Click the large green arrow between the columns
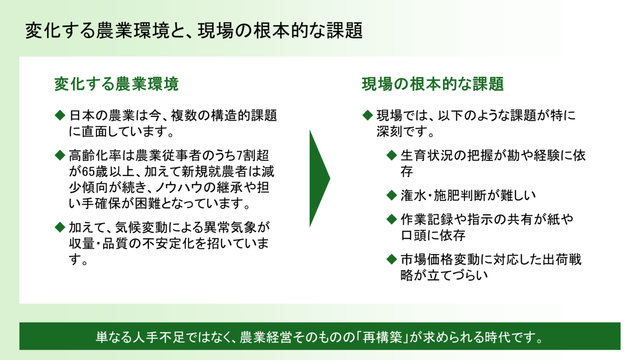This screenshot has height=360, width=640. (x=318, y=178)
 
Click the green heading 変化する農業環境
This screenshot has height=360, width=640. (x=116, y=84)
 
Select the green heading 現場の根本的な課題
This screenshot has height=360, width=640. (x=432, y=84)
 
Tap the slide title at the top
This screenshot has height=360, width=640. (x=194, y=30)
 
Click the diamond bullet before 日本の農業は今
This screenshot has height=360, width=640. (x=60, y=115)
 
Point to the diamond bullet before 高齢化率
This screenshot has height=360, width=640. (x=60, y=156)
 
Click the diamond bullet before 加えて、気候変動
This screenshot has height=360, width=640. (x=60, y=227)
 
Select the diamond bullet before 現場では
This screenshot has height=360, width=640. (x=368, y=115)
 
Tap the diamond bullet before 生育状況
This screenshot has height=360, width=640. (x=392, y=156)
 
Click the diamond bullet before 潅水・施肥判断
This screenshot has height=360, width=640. (x=392, y=196)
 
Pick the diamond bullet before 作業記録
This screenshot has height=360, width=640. (x=392, y=220)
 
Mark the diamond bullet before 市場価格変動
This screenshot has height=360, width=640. (x=392, y=260)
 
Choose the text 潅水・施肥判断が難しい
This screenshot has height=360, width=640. (x=468, y=196)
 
